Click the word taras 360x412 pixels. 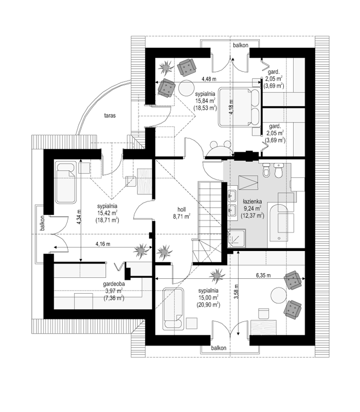[x=110, y=115]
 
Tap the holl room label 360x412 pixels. [x=182, y=209]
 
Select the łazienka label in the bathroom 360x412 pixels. [x=253, y=202]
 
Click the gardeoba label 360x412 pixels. [x=114, y=284]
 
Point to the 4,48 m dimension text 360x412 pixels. [x=209, y=79]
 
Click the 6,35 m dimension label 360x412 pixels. [x=263, y=275]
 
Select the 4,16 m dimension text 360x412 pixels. [x=103, y=244]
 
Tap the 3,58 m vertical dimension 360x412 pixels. [x=236, y=292]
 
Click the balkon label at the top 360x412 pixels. [x=241, y=45]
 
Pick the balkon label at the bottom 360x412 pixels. [x=219, y=348]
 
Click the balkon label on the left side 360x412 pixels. [x=43, y=223]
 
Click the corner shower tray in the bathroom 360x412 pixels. [x=237, y=238]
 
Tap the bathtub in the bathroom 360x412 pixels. [x=279, y=223]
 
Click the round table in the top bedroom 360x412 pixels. [x=187, y=88]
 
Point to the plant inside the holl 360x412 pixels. [x=165, y=252]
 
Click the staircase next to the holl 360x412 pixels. [x=210, y=222]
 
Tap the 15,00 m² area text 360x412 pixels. [x=208, y=298]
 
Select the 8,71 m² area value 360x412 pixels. [x=182, y=217]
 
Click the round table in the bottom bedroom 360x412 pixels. [x=279, y=295]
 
